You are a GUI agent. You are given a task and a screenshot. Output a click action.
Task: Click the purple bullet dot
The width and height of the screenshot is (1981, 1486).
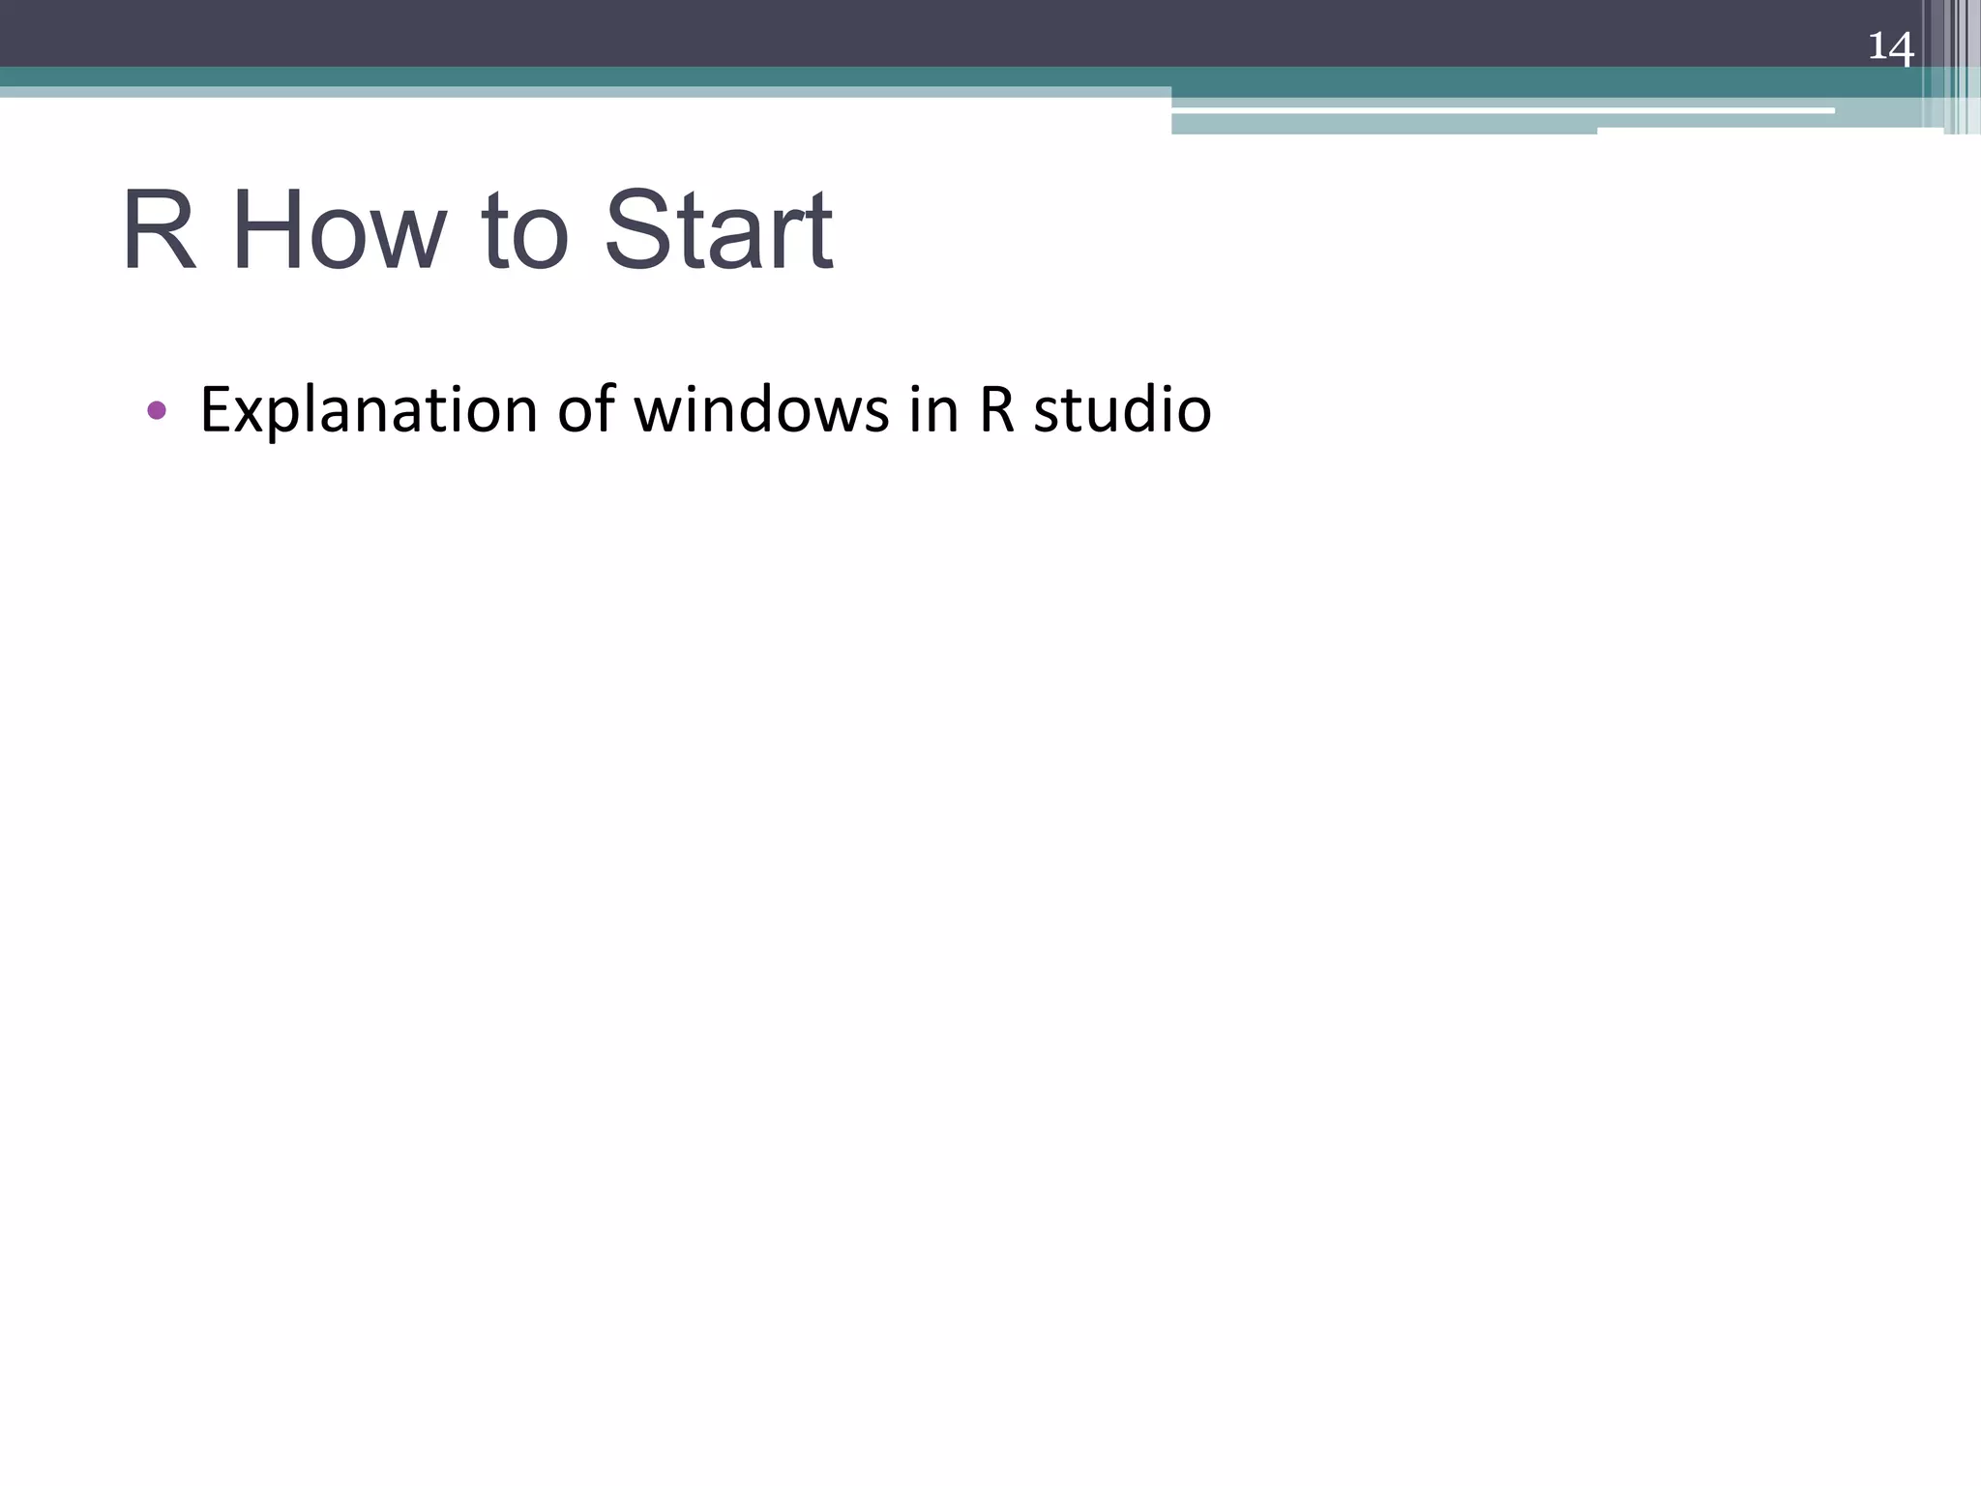click(157, 410)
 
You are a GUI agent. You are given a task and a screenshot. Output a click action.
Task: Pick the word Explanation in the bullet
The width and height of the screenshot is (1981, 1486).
click(368, 410)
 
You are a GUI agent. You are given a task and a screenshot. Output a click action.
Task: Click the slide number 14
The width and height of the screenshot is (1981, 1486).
click(1890, 46)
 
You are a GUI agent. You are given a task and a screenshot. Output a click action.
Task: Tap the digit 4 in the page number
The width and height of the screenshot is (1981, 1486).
click(1902, 48)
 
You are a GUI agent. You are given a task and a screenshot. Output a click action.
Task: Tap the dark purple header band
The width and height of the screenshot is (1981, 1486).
click(871, 33)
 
